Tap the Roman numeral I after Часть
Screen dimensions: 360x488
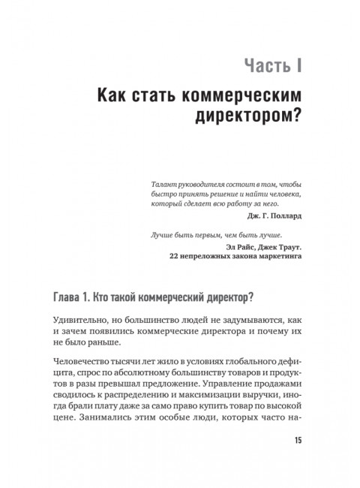[x=298, y=66]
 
